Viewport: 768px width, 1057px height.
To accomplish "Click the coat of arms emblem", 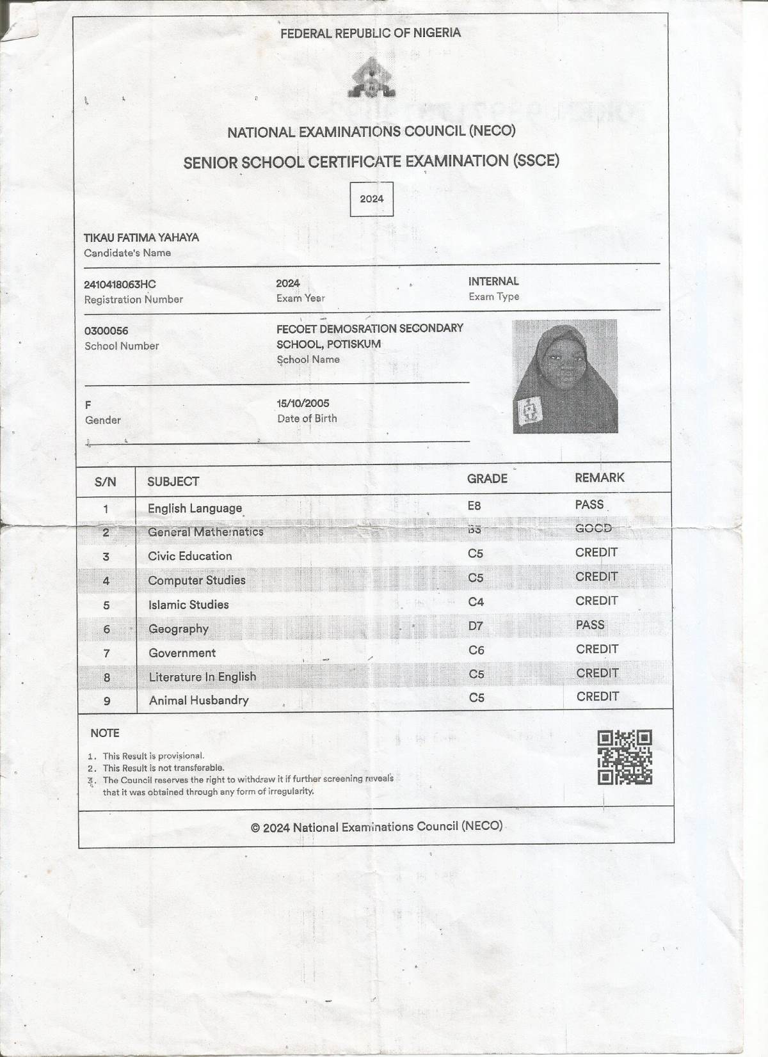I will tap(371, 78).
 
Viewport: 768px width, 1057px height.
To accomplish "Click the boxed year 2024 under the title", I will tap(371, 199).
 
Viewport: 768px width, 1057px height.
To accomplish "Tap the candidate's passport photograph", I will tap(565, 376).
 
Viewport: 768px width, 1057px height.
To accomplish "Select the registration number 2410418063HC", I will tap(120, 284).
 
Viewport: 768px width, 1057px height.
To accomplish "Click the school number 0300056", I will tap(106, 331).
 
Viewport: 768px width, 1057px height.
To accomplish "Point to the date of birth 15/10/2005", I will tap(303, 403).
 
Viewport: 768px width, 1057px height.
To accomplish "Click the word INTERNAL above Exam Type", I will tap(493, 281).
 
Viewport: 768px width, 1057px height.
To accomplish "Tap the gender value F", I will tap(88, 405).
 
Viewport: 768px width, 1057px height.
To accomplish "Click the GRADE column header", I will tap(487, 479).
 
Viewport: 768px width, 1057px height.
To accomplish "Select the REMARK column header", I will tap(599, 478).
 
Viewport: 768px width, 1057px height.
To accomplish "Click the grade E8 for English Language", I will tap(474, 505).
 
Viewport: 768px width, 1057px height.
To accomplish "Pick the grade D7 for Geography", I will tap(476, 626).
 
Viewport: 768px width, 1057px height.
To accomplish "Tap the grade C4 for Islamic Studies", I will tap(476, 601).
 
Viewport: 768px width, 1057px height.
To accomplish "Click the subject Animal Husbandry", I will tap(198, 700).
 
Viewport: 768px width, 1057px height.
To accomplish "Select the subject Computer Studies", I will tap(196, 580).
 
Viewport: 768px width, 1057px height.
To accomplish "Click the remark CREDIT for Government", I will tap(596, 649).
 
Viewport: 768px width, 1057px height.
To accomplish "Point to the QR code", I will tap(625, 758).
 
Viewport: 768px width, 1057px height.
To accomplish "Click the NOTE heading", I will tap(105, 733).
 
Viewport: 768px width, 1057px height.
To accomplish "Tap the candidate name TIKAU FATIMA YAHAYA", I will tap(141, 237).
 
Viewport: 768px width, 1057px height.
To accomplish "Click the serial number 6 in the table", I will tap(107, 629).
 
